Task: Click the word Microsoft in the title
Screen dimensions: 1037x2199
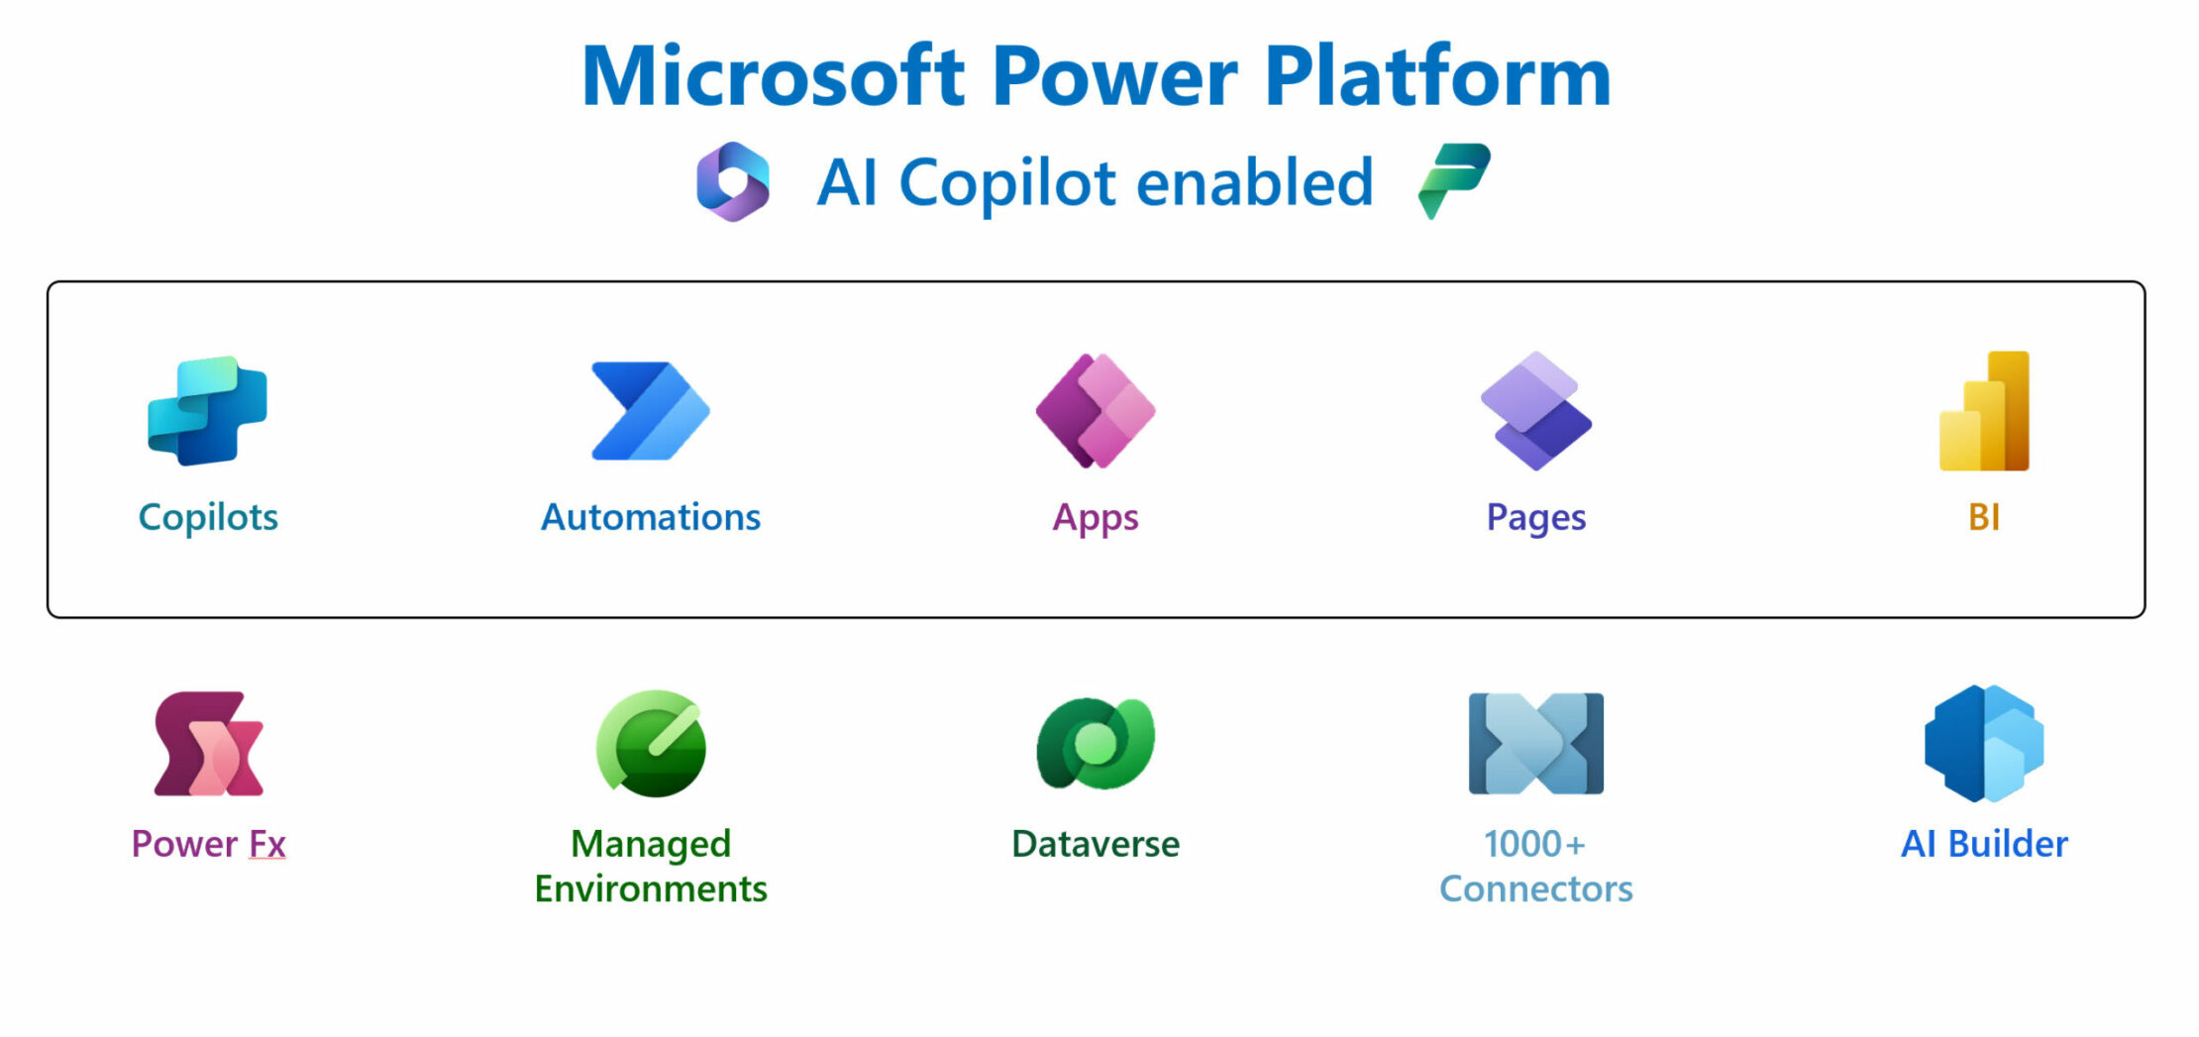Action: [x=773, y=76]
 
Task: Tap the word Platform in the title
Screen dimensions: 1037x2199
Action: [x=1438, y=76]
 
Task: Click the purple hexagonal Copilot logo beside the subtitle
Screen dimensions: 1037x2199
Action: [x=733, y=181]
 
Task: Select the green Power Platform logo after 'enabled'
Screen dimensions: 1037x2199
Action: [x=1453, y=179]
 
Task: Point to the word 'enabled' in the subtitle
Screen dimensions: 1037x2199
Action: [x=1255, y=183]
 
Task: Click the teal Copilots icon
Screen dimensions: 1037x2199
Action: [x=207, y=410]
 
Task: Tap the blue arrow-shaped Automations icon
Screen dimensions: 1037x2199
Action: [x=650, y=410]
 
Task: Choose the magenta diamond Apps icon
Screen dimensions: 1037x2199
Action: [x=1096, y=410]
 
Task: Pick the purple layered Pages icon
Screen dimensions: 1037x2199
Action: [x=1536, y=410]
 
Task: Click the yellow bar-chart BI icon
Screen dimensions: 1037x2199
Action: [x=1984, y=410]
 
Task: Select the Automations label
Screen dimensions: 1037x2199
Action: [x=650, y=517]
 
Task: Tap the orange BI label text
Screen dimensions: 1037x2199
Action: [x=1984, y=517]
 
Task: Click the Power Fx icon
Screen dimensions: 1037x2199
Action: [x=208, y=744]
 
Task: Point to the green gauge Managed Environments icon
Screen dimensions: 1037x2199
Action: [x=651, y=744]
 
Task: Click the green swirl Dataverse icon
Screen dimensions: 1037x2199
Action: [x=1096, y=744]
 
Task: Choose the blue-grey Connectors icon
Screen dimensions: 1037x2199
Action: [x=1536, y=744]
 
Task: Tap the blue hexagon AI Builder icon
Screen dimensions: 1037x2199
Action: [x=1984, y=744]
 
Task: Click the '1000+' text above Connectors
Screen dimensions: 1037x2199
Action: [x=1534, y=844]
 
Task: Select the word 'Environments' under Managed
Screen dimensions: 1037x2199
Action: [x=651, y=889]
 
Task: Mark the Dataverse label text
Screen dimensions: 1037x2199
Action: [x=1096, y=844]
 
